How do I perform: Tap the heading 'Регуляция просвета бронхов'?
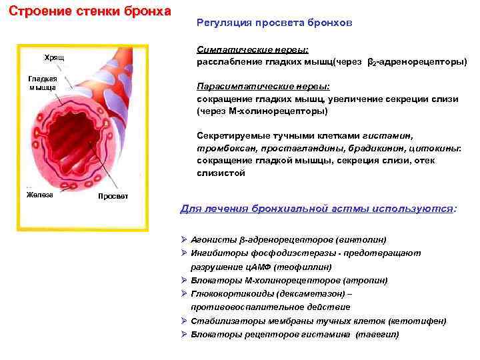(275, 23)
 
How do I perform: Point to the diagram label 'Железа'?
(40, 194)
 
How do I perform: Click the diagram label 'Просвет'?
(113, 197)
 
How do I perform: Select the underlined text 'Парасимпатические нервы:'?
(263, 87)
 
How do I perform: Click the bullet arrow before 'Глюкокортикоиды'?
(185, 293)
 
